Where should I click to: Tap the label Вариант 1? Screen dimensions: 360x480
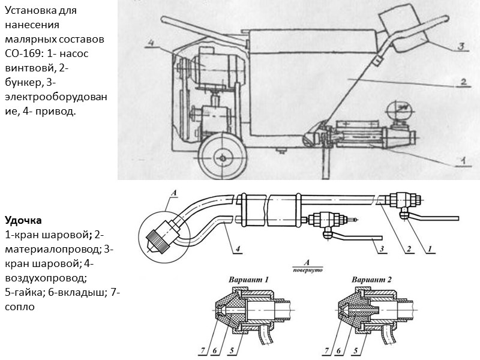249,280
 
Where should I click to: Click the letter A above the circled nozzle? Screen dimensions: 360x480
174,193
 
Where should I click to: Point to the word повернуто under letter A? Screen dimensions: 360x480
306,270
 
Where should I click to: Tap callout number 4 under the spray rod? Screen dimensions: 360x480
238,248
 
